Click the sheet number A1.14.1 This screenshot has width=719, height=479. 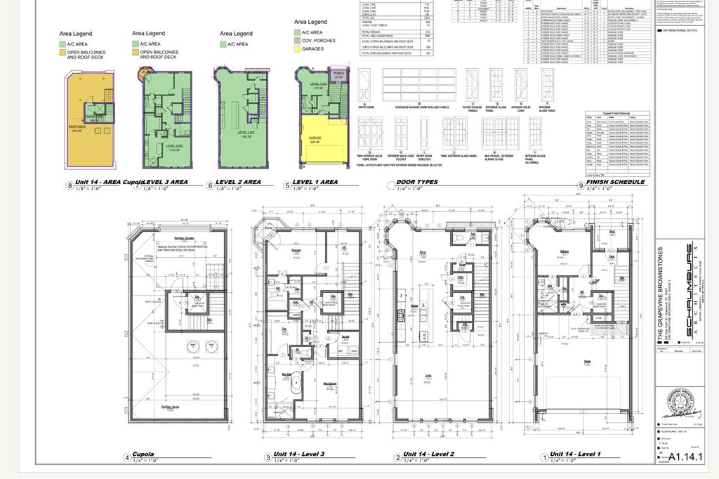(x=694, y=457)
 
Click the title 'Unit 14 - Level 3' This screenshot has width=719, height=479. (x=299, y=454)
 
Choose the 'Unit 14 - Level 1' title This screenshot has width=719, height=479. (x=575, y=454)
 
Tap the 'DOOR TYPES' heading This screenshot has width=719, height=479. (x=417, y=182)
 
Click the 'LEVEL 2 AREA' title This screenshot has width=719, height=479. (x=238, y=182)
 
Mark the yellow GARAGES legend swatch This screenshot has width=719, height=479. (x=298, y=49)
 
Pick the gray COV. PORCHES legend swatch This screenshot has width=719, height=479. (x=298, y=41)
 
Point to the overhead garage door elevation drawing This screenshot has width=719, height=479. (x=421, y=88)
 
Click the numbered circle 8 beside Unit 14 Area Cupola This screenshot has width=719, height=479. (x=69, y=185)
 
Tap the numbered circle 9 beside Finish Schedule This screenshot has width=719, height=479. (x=580, y=185)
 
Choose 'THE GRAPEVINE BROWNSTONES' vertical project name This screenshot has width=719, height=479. (x=661, y=295)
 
